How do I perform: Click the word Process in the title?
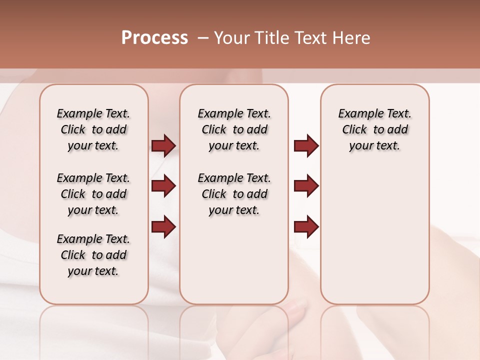coord(154,38)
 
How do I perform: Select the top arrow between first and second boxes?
coord(163,145)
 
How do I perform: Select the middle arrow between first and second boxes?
coord(163,186)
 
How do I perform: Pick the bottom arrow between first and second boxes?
coord(163,226)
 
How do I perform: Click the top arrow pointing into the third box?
coord(306,145)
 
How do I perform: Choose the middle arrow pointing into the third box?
coord(306,186)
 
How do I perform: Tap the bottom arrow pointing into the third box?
coord(306,226)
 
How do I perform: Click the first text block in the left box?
coord(93,129)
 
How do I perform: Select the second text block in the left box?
coord(93,194)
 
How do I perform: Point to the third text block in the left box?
coord(93,255)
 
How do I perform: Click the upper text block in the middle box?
coord(234,129)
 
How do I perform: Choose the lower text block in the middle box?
coord(234,194)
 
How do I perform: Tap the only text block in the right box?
coord(374,129)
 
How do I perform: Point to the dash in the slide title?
coord(203,38)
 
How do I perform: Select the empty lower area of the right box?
coord(374,235)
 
